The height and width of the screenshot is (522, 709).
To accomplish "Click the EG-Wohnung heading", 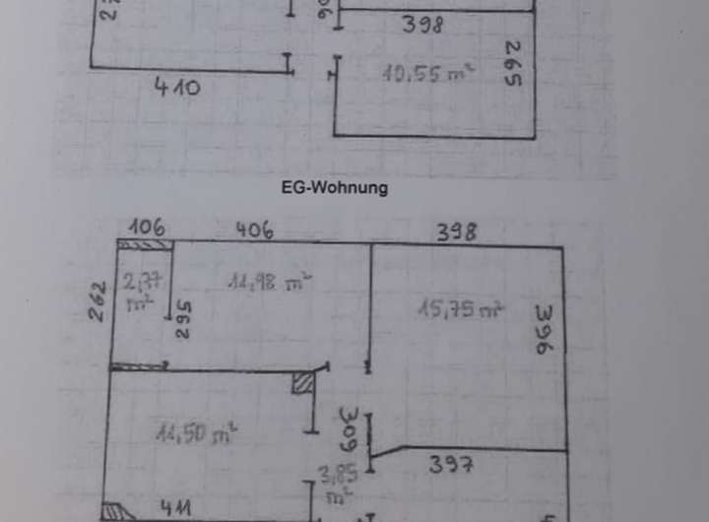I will [x=335, y=187].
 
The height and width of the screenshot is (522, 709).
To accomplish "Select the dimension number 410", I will [x=177, y=87].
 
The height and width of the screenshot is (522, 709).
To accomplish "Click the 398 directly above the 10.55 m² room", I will [x=422, y=24].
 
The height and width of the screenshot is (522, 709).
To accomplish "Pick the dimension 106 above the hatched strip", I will [x=145, y=227].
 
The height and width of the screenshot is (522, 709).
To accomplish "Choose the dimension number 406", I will [x=254, y=230].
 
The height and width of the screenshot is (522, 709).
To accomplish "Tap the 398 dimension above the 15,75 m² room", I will [x=457, y=231].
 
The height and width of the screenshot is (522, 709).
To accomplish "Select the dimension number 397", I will [x=452, y=466].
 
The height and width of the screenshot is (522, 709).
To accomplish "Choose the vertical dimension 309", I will [x=347, y=426].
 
